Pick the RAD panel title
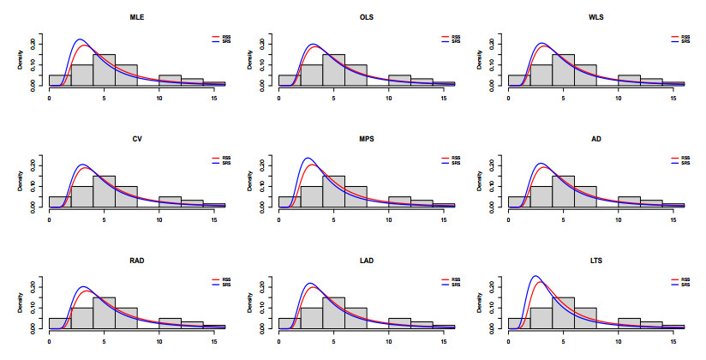[x=137, y=258]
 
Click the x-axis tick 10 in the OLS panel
[x=389, y=99]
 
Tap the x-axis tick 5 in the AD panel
[x=564, y=219]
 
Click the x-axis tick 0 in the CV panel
[x=50, y=219]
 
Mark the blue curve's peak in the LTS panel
[x=535, y=277]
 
